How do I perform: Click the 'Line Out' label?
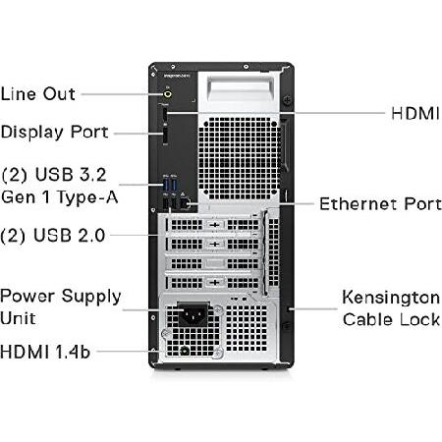click(38, 94)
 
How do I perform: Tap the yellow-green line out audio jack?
click(167, 94)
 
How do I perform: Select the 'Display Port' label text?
click(54, 133)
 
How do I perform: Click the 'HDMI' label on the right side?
click(415, 114)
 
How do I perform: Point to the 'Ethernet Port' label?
click(380, 203)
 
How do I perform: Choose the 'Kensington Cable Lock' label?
click(391, 308)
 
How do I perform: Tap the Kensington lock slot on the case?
click(289, 309)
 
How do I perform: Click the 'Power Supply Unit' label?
click(61, 306)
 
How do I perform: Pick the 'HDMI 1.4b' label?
click(45, 352)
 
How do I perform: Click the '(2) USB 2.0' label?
click(53, 235)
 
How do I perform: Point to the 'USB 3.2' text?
click(71, 174)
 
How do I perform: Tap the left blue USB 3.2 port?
click(166, 184)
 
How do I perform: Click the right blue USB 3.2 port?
click(174, 184)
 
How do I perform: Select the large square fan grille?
click(240, 159)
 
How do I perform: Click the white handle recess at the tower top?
click(241, 91)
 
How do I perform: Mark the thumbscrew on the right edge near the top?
click(287, 99)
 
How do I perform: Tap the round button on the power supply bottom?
click(185, 351)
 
